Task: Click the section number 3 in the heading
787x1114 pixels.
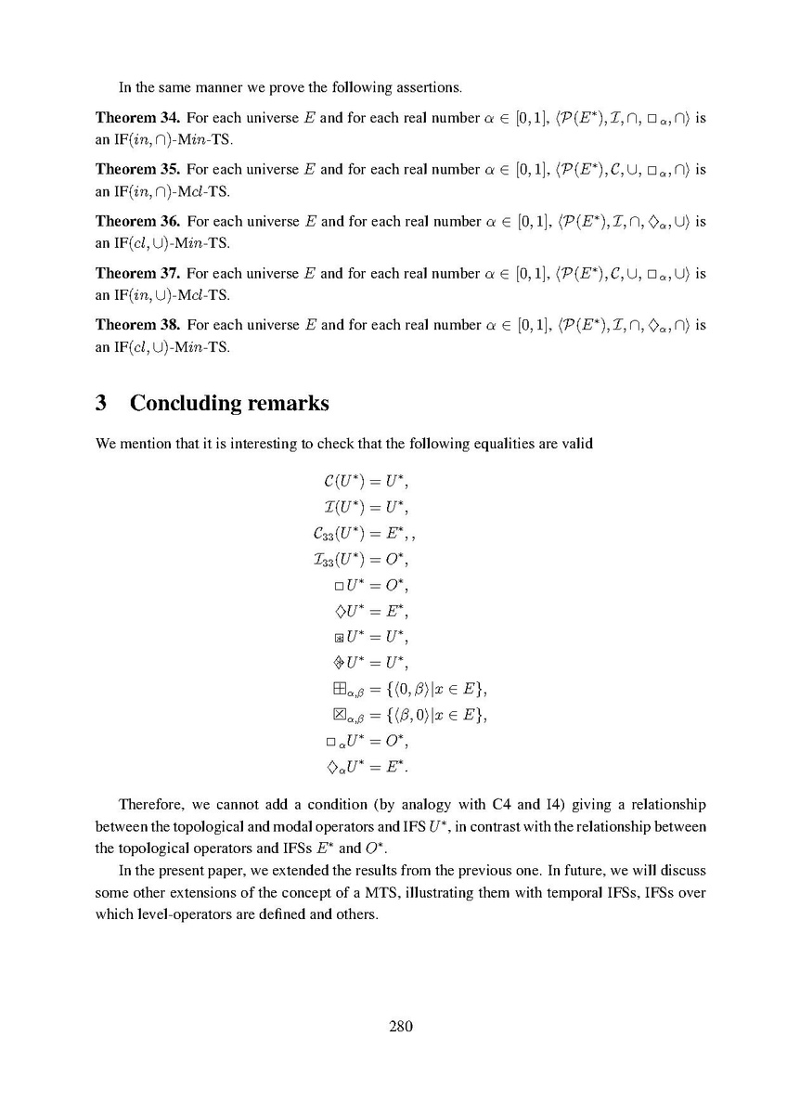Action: click(102, 403)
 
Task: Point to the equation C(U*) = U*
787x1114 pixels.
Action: click(362, 484)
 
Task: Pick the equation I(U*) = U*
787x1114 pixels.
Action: click(362, 509)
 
